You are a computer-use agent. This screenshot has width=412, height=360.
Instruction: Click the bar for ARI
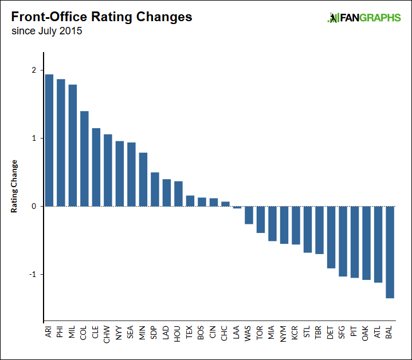tap(49, 140)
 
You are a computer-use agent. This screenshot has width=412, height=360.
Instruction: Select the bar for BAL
tap(390, 252)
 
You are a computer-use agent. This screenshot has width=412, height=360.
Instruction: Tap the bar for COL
tap(84, 159)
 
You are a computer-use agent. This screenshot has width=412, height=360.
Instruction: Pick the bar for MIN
tap(143, 179)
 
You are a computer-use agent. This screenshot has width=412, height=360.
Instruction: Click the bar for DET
tap(331, 237)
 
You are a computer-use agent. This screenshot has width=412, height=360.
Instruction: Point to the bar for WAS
tap(249, 215)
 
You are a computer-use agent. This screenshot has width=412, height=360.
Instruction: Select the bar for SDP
tap(155, 189)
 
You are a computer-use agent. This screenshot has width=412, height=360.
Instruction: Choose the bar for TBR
tap(319, 230)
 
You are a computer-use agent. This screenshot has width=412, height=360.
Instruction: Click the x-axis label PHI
tap(61, 333)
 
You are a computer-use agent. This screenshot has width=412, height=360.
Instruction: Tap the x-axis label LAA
tap(237, 333)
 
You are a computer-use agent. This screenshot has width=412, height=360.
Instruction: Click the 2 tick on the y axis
tap(34, 70)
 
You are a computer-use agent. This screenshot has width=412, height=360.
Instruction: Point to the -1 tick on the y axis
tap(33, 274)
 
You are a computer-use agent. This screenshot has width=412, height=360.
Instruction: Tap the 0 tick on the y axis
tap(34, 206)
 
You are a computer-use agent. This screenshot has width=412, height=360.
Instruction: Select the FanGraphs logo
tap(364, 18)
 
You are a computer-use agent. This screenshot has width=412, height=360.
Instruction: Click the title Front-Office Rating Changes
tap(102, 17)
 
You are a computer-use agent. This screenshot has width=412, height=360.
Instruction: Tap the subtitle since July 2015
tap(46, 31)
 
